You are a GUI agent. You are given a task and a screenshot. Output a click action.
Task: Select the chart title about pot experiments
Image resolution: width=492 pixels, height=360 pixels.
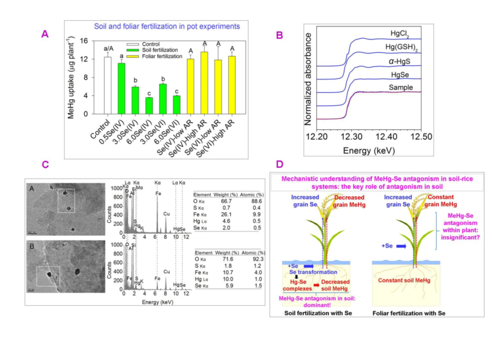(166, 27)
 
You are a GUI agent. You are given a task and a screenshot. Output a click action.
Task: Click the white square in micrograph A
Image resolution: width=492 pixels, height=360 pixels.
(65, 199)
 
